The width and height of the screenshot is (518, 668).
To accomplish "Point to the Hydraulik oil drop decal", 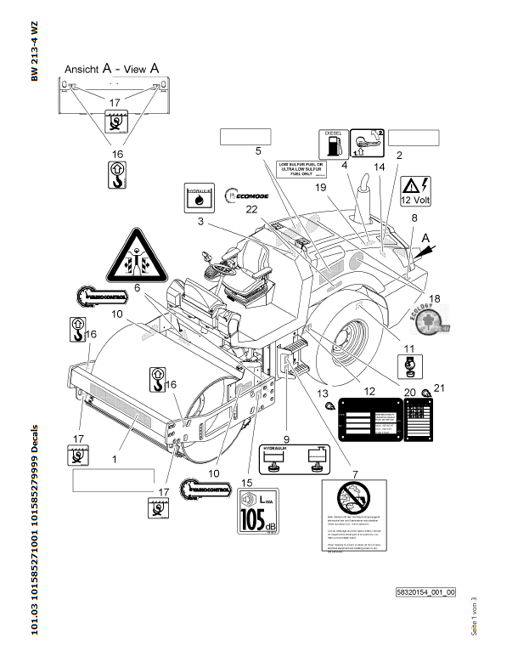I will pyautogui.click(x=199, y=195).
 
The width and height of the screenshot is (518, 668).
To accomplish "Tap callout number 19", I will pyautogui.click(x=321, y=187).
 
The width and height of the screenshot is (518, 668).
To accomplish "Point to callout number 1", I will pyautogui.click(x=115, y=459).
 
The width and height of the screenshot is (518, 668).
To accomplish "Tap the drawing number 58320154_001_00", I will pyautogui.click(x=425, y=592).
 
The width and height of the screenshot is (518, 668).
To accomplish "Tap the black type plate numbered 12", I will pyautogui.click(x=369, y=420).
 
